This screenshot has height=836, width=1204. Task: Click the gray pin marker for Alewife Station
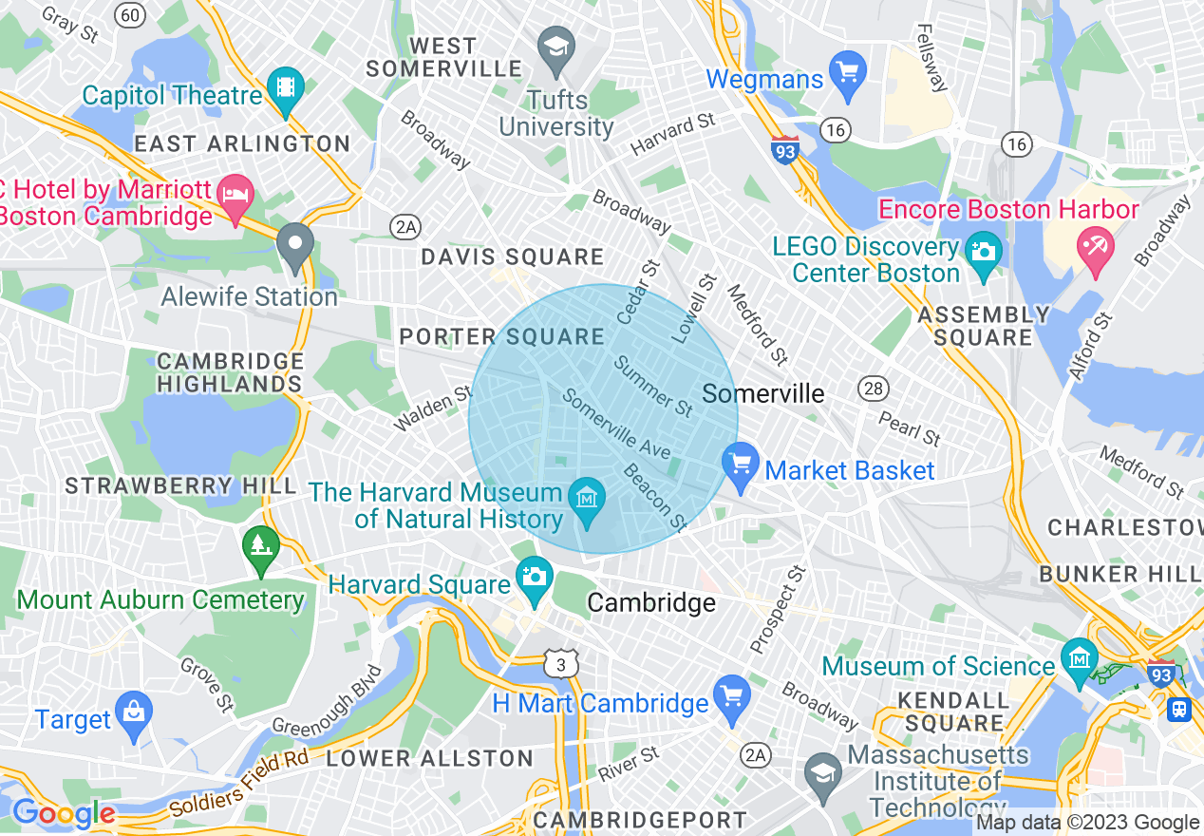(295, 246)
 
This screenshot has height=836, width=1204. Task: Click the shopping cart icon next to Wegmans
(847, 72)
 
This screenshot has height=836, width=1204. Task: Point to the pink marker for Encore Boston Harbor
(1096, 249)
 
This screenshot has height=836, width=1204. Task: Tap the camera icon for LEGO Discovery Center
(983, 252)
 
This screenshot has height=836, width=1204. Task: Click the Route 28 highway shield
(873, 388)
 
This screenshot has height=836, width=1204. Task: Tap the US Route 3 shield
(561, 664)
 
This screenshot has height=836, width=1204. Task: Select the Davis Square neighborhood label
(512, 256)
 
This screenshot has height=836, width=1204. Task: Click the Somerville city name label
(763, 393)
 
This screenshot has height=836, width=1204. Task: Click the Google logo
(63, 813)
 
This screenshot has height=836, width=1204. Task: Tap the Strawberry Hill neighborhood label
(180, 485)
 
